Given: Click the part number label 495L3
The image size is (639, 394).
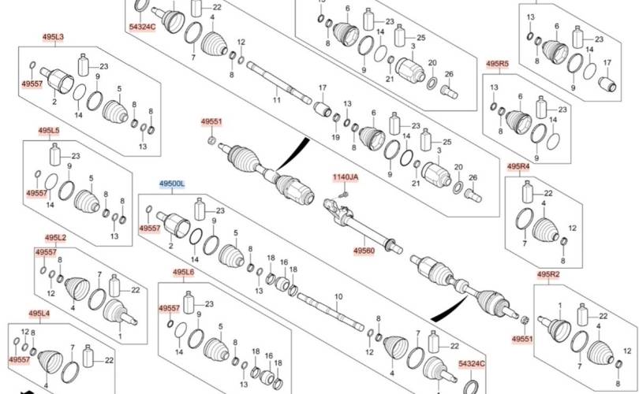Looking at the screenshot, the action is (54, 37).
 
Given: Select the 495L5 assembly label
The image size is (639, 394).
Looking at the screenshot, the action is (49, 131).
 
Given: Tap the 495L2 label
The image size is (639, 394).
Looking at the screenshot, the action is (55, 238).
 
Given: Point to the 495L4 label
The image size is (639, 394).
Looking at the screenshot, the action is (39, 314).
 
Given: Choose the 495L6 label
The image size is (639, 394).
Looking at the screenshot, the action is (183, 273).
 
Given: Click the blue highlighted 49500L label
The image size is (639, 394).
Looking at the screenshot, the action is (172, 184).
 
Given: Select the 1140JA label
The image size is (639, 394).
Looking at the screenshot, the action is (346, 177).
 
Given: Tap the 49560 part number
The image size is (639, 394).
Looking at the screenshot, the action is (364, 251).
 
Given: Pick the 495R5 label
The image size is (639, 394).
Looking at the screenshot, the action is (498, 64).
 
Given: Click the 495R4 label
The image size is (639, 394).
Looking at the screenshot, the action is (519, 166).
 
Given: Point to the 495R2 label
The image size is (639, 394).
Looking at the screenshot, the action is (548, 274).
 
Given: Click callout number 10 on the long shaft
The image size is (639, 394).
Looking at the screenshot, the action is (338, 297).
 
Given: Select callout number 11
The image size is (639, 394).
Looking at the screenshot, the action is (277, 100).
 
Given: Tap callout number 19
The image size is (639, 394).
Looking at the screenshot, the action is (335, 138).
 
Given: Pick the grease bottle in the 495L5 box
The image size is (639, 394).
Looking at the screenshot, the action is (55, 154).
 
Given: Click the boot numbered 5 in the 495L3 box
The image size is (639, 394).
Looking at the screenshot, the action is (115, 110).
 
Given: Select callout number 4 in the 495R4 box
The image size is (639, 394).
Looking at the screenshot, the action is (544, 203).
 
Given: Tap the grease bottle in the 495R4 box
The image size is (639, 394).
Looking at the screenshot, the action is (528, 191).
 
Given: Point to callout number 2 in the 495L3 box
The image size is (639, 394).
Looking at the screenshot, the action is (54, 102).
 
